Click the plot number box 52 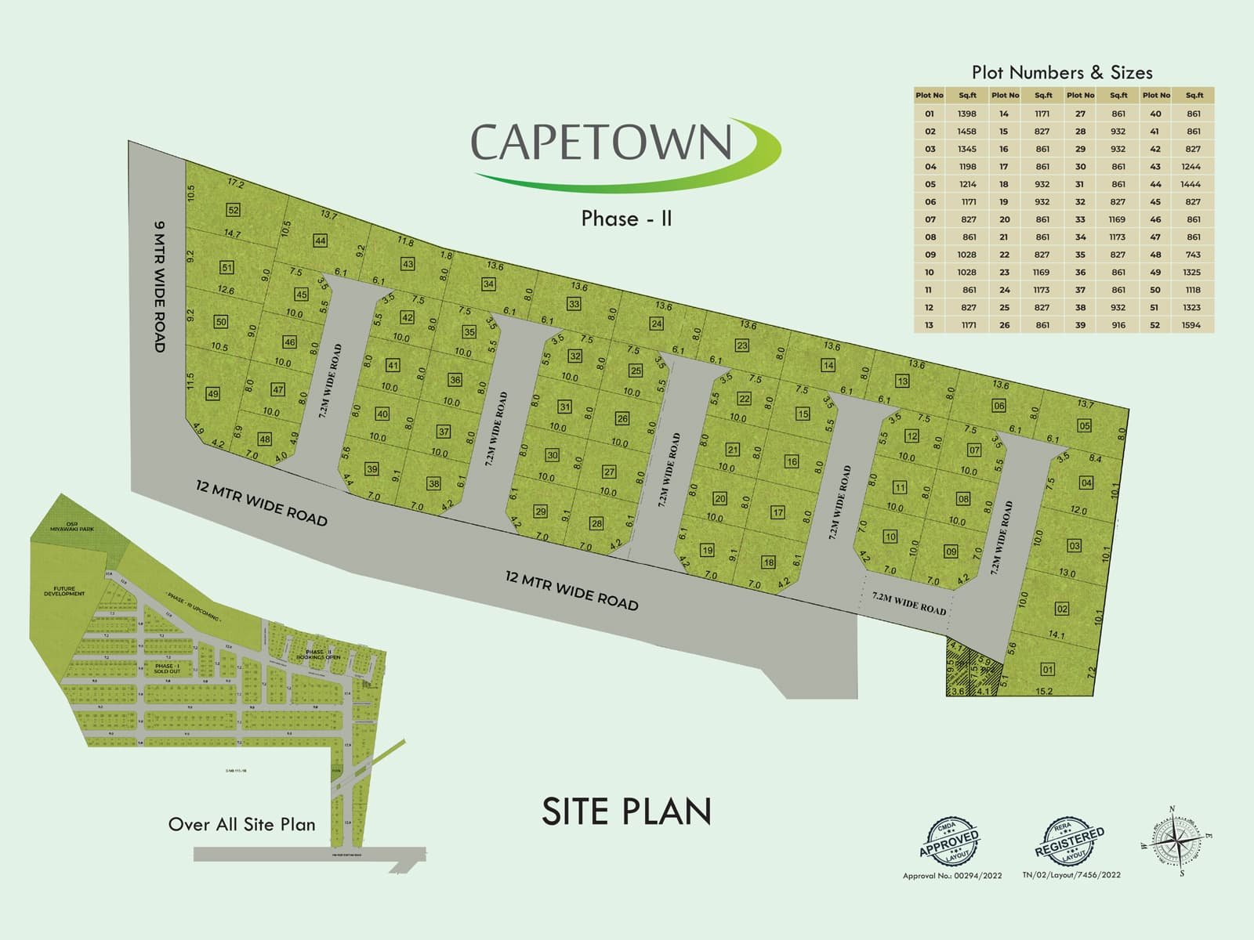[233, 210]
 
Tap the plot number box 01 [1047, 669]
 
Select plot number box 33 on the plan [574, 304]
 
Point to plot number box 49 [212, 394]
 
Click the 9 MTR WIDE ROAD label [159, 286]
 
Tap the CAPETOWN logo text [601, 142]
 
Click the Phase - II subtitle [626, 218]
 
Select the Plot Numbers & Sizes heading [1062, 73]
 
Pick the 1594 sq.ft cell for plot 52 [1191, 325]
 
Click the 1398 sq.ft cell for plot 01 [966, 114]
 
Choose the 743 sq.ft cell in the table [1193, 255]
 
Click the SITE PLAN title [626, 812]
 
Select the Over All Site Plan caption [241, 825]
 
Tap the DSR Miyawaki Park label [72, 526]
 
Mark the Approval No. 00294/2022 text [951, 876]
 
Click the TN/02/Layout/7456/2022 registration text [1071, 875]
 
